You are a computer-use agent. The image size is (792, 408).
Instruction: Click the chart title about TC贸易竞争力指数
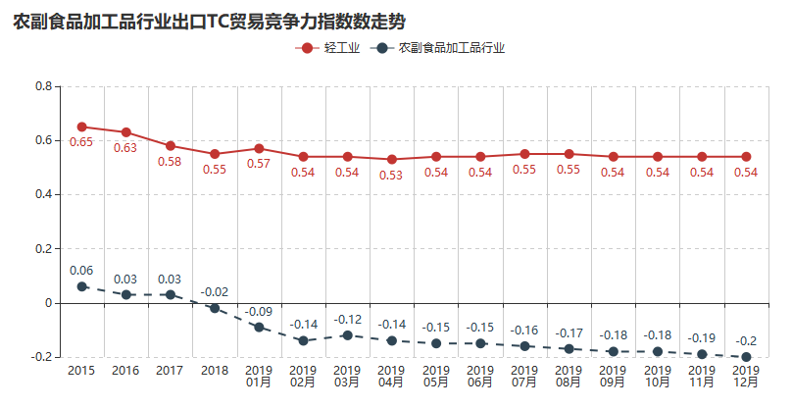[209, 21]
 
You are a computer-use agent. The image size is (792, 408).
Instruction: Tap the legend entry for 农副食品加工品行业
[441, 47]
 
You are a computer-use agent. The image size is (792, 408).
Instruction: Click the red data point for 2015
[81, 127]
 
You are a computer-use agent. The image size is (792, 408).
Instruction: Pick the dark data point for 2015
[81, 286]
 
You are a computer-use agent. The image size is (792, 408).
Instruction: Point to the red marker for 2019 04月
[391, 159]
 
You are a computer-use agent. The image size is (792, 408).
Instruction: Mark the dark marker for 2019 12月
[746, 357]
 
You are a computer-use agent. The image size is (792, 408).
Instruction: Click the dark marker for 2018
[215, 308]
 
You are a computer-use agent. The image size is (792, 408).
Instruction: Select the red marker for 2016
[125, 132]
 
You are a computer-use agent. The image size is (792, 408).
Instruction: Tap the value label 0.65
[81, 143]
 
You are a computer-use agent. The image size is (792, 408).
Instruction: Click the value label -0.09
[259, 311]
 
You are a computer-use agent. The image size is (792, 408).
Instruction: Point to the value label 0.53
[391, 176]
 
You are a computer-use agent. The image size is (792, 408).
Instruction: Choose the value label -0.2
[746, 340]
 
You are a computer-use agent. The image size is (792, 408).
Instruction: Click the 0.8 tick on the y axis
[43, 86]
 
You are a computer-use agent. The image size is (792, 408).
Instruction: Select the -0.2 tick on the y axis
[41, 357]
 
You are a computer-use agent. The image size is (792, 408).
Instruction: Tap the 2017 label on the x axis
[170, 371]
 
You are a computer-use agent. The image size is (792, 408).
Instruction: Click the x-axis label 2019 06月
[480, 377]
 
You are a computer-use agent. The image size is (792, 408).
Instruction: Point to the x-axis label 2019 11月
[702, 377]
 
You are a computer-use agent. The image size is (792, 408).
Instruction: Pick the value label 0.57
[259, 164]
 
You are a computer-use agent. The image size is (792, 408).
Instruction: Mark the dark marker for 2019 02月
[303, 340]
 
